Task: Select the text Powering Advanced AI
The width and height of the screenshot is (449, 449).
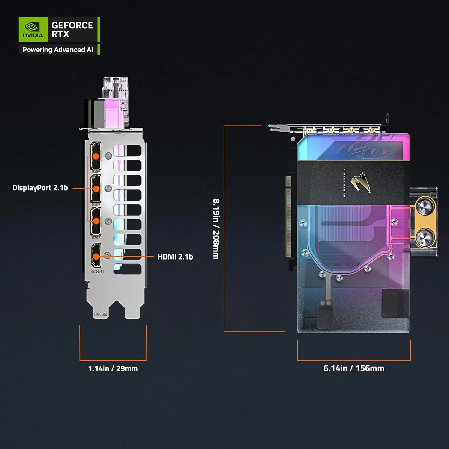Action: click(x=58, y=50)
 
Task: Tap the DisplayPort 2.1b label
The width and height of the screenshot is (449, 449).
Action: click(x=40, y=188)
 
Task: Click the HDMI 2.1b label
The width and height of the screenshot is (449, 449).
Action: click(x=175, y=257)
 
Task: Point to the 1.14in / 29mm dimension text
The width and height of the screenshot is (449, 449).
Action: click(x=113, y=368)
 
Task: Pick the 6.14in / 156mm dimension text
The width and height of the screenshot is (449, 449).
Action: click(x=354, y=368)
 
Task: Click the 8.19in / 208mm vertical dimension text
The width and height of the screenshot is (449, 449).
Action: click(x=216, y=229)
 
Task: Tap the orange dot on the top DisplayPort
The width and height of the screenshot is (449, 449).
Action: click(x=96, y=156)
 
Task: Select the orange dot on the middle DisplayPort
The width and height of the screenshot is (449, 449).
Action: click(x=96, y=189)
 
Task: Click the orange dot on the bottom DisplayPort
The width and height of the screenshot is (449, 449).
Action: click(x=96, y=221)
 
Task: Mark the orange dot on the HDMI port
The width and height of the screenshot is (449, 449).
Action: click(x=96, y=256)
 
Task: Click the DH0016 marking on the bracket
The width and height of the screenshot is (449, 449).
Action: click(x=101, y=314)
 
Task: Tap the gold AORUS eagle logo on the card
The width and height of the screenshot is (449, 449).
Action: click(x=361, y=183)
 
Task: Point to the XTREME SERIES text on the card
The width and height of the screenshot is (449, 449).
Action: click(x=344, y=183)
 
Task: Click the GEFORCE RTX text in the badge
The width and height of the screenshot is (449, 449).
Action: click(x=72, y=29)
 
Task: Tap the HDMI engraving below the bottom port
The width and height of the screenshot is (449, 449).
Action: click(x=97, y=271)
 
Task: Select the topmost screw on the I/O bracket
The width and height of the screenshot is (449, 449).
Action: click(x=108, y=156)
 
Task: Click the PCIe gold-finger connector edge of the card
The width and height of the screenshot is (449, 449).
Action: click(x=288, y=217)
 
